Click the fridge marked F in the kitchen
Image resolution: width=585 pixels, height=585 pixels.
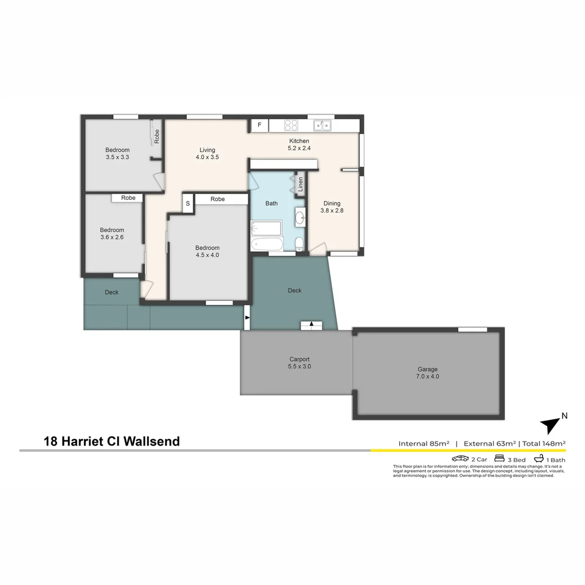tap(259, 126)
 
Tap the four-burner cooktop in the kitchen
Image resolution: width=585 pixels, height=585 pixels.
tap(291, 126)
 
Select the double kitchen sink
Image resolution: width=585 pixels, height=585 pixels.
tap(323, 126)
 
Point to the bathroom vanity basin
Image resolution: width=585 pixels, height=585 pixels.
tap(300, 218)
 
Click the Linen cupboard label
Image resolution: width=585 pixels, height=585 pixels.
tap(301, 184)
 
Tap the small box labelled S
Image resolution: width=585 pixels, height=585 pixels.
tap(188, 204)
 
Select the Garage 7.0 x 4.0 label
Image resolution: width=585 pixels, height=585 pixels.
tap(427, 373)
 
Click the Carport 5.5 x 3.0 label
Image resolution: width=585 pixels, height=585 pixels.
tap(300, 362)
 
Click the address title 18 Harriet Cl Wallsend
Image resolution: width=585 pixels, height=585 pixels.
tap(112, 441)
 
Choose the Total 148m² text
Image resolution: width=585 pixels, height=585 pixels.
tap(544, 444)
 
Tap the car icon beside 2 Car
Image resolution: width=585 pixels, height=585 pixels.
tap(460, 459)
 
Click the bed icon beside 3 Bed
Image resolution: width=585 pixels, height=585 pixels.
tap(499, 459)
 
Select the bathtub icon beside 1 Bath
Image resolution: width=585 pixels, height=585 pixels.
tap(539, 459)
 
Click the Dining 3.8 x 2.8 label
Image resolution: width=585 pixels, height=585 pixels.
tap(332, 207)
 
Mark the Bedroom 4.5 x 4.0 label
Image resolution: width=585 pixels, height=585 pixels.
tap(207, 251)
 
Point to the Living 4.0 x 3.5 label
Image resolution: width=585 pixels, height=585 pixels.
tap(207, 153)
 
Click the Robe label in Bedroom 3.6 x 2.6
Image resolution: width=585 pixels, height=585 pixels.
tap(128, 198)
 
